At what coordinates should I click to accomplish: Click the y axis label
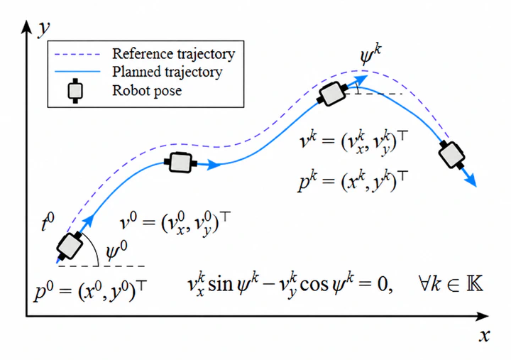click(x=44, y=29)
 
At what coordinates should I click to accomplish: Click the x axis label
click(x=485, y=335)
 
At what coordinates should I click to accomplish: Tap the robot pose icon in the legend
click(x=75, y=91)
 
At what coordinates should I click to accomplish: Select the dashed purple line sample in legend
click(x=77, y=54)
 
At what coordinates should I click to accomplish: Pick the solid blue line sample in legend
click(x=77, y=72)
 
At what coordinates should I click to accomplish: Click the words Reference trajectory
click(x=173, y=54)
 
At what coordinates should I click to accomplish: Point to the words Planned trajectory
click(x=167, y=72)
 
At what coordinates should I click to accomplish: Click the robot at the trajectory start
click(x=70, y=246)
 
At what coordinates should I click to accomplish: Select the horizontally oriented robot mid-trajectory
click(x=180, y=162)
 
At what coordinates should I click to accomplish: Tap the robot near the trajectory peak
click(x=332, y=94)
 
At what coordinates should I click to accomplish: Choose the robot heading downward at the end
click(x=451, y=155)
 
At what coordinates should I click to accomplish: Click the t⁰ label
click(x=48, y=222)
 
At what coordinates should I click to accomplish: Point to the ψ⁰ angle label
click(x=116, y=252)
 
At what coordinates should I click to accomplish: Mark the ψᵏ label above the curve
click(x=371, y=55)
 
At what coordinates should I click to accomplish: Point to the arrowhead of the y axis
click(x=26, y=20)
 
